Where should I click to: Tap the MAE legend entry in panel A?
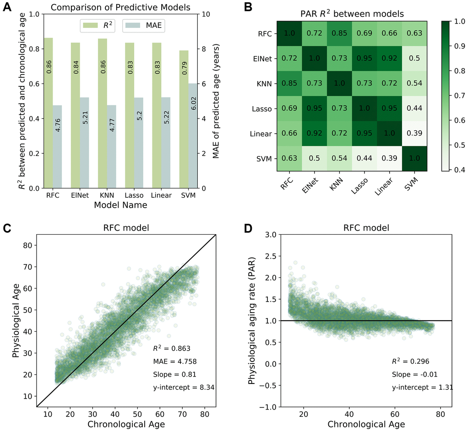pyautogui.click(x=144, y=26)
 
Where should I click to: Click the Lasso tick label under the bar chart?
pyautogui.click(x=134, y=195)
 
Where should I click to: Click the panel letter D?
pyautogui.click(x=247, y=226)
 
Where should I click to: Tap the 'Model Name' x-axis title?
pyautogui.click(x=121, y=205)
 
